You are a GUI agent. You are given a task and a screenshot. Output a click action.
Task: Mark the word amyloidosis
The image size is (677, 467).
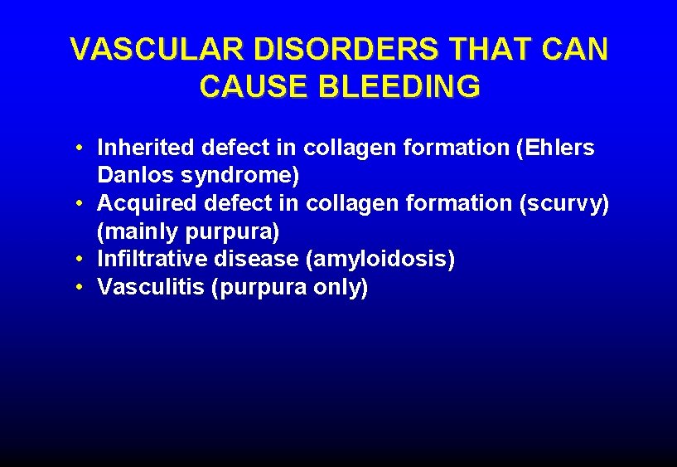click(380, 260)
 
